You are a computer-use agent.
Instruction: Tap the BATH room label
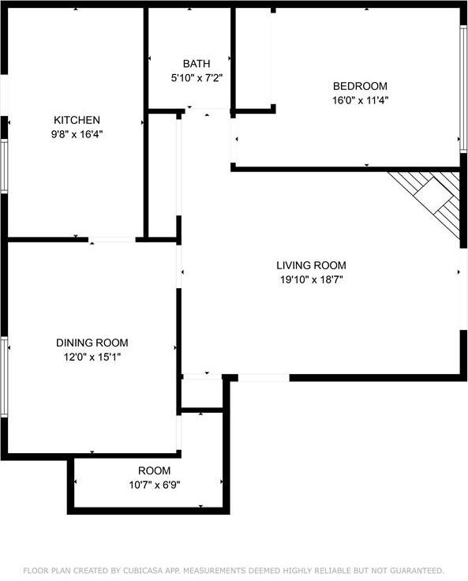197,63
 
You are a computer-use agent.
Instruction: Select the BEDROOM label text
360,86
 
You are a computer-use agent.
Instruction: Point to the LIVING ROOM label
311,265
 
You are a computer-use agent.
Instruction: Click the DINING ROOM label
92,343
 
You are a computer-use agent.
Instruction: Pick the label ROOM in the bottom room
154,470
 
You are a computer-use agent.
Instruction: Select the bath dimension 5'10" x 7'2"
197,77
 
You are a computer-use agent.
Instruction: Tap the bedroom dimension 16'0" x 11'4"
360,100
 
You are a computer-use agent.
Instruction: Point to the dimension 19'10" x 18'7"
311,279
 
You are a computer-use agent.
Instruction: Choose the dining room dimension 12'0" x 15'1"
92,357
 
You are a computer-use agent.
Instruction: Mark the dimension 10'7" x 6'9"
154,485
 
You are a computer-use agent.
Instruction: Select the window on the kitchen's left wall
4,166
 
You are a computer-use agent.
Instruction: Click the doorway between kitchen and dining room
112,239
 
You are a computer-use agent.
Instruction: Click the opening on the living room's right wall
462,288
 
